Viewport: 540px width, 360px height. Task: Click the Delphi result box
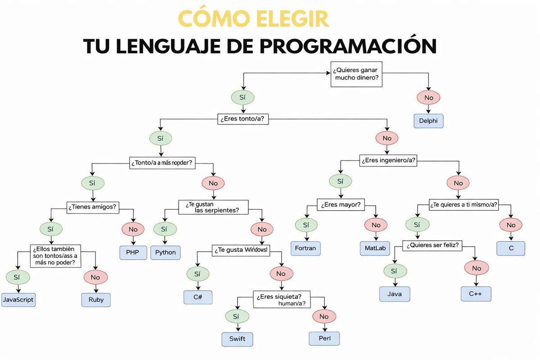428,121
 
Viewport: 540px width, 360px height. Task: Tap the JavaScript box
18,299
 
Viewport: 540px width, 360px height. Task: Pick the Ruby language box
95,300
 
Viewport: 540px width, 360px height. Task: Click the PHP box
133,252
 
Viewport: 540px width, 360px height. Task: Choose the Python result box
165,252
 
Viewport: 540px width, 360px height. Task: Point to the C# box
198,297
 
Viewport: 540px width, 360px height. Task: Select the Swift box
237,339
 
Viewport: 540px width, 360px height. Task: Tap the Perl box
324,338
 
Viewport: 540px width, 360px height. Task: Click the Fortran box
306,248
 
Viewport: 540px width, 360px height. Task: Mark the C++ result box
476,293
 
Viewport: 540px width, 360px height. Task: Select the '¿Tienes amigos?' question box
92,207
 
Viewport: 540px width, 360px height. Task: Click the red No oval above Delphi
428,98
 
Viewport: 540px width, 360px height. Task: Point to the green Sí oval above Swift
236,317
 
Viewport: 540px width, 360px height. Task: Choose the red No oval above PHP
133,229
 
